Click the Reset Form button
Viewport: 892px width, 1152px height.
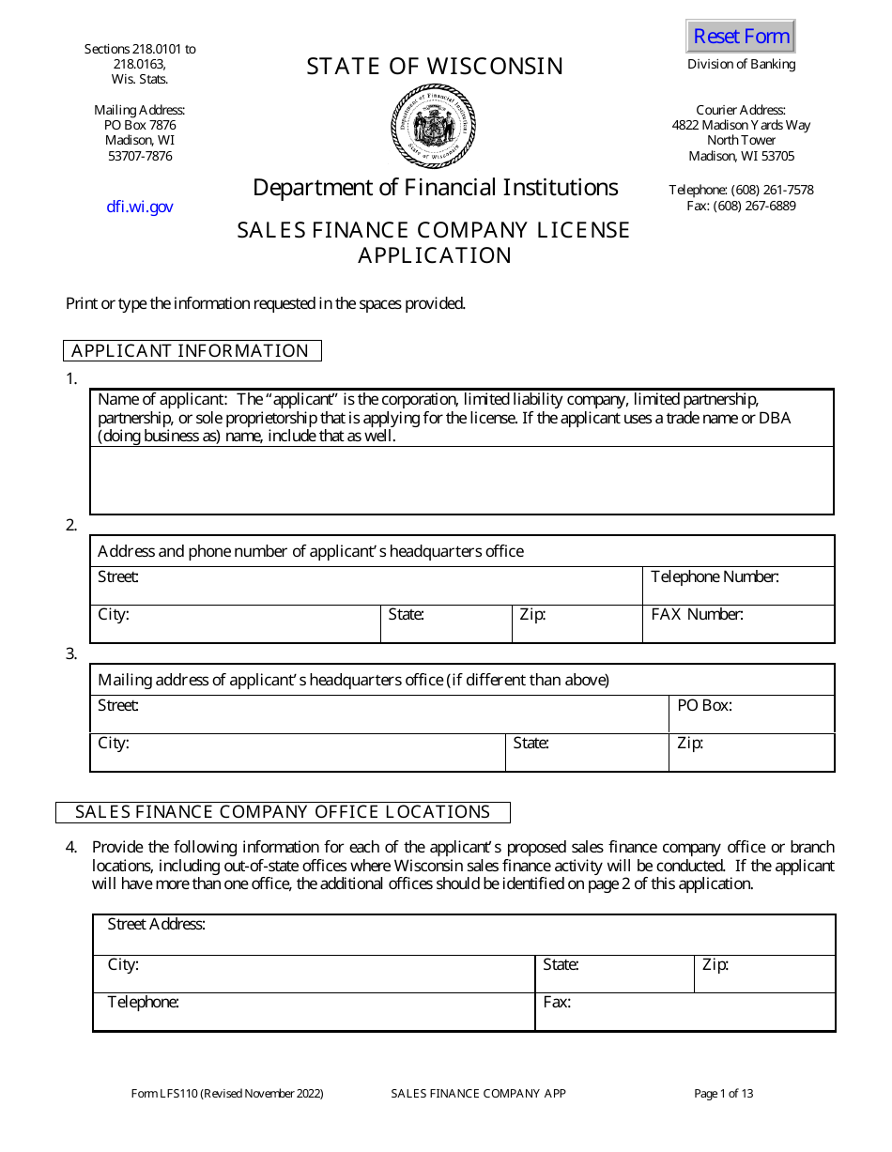pos(741,37)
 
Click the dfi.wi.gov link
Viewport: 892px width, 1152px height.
pos(140,207)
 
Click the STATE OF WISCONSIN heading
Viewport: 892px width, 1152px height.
pos(435,67)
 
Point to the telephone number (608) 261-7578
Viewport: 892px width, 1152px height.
pos(741,190)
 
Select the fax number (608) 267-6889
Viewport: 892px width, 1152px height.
pos(741,206)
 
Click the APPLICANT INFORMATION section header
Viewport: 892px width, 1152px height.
pos(192,351)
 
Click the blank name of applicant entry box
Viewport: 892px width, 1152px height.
pos(461,480)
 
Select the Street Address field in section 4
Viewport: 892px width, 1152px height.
pos(464,936)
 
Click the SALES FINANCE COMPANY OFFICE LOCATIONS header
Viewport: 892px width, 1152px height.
pos(283,812)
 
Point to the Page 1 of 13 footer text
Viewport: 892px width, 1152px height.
pos(724,1094)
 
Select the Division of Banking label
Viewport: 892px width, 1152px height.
pos(741,65)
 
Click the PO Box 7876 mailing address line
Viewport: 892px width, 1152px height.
pos(140,125)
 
